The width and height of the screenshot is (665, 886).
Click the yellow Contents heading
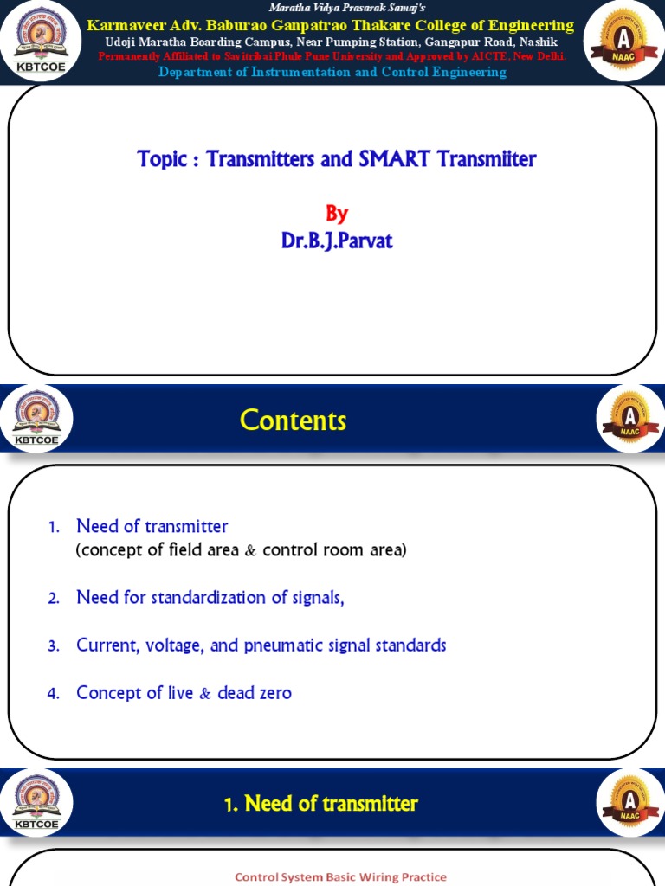[x=293, y=421]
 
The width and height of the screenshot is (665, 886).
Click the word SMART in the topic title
[x=388, y=159]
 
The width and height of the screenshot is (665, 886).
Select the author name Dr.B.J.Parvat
[x=336, y=241]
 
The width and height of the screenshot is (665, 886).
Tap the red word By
[x=336, y=214]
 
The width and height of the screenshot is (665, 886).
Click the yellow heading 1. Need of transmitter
[x=320, y=804]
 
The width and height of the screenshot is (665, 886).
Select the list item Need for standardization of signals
[x=210, y=597]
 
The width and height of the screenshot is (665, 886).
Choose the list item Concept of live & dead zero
[x=184, y=693]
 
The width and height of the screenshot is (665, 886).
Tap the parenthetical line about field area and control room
[x=241, y=550]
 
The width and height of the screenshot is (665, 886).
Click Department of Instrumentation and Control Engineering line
[x=332, y=72]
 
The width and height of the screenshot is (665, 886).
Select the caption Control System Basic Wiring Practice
[x=340, y=876]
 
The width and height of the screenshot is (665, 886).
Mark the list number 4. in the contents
[x=53, y=694]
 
